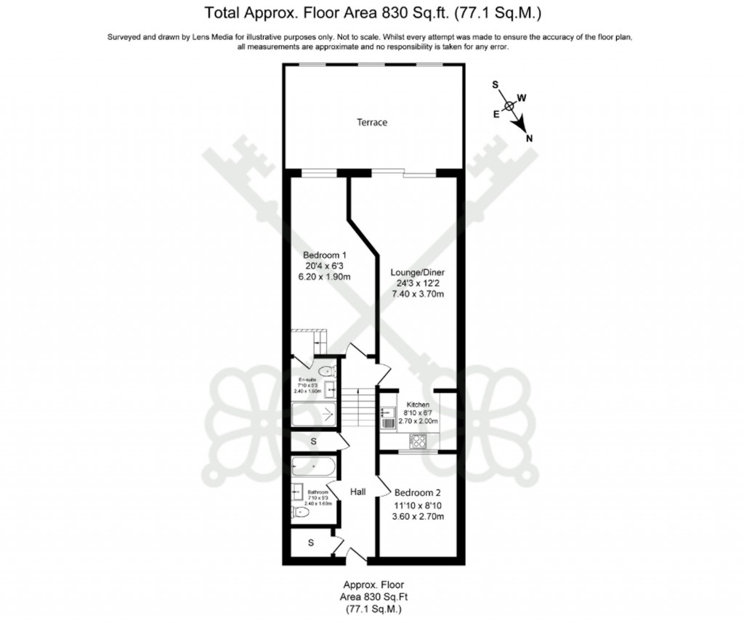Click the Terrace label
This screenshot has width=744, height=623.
pos(371,123)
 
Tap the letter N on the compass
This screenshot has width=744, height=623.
pos(529,139)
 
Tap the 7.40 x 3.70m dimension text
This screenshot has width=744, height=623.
pos(417,294)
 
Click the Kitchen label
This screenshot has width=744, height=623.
pos(418,404)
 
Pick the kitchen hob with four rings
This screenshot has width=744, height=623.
pos(418,440)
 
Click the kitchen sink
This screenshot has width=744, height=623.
pos(385,416)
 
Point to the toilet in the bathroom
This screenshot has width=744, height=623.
pos(302,513)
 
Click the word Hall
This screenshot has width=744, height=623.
pos(357,492)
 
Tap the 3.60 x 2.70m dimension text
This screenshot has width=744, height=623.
pos(417,516)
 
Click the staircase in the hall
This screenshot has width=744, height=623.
pos(357,407)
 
